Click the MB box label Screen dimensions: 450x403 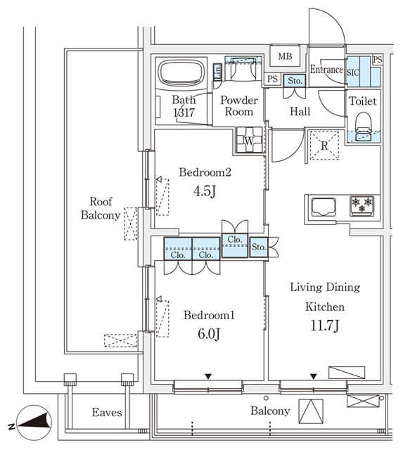(285, 56)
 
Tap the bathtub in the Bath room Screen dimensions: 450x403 (181, 74)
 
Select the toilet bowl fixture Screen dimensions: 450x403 (363, 124)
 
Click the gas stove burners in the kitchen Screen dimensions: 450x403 (364, 205)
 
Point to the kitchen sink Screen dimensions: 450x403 (326, 206)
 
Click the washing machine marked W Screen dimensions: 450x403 (249, 140)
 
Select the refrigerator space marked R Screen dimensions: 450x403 (324, 146)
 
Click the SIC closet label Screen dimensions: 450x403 (354, 72)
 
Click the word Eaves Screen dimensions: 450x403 (107, 413)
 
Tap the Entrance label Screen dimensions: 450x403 (326, 70)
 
